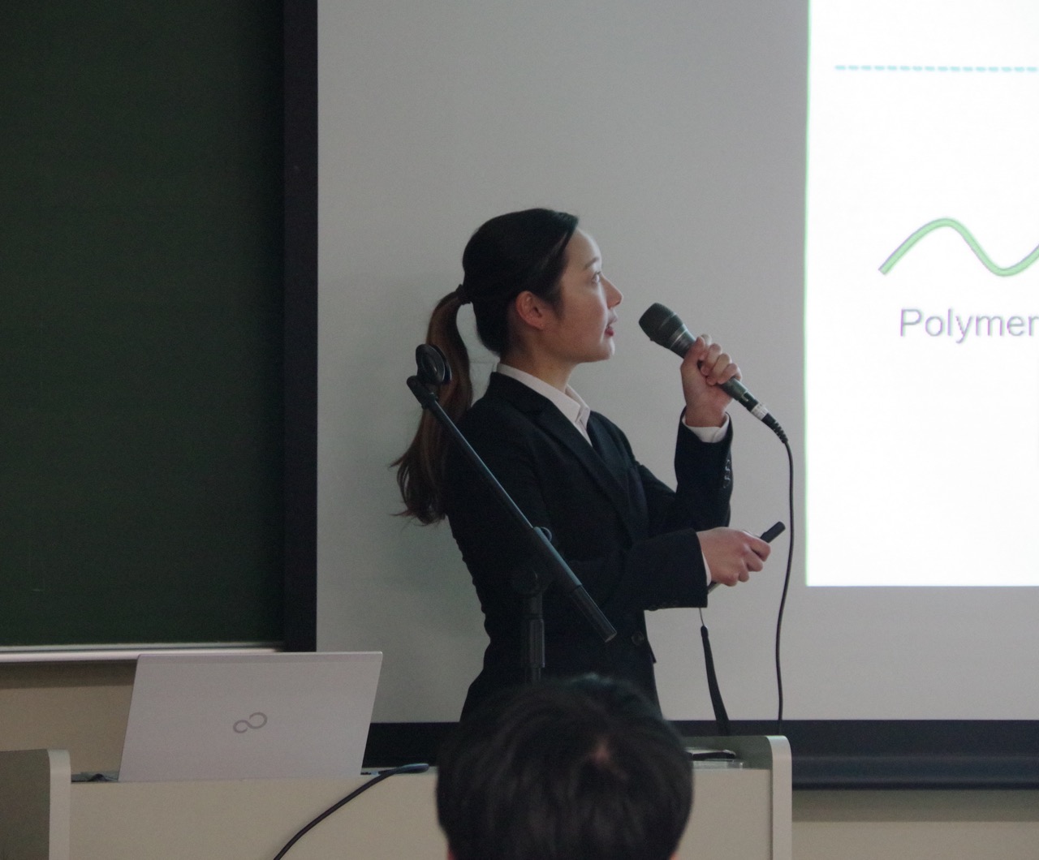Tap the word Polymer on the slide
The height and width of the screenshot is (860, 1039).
tap(968, 323)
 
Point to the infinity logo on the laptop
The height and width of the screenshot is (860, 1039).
tap(250, 723)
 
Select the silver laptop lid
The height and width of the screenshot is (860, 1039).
tap(249, 716)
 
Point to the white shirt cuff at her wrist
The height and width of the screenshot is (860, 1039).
tap(706, 428)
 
